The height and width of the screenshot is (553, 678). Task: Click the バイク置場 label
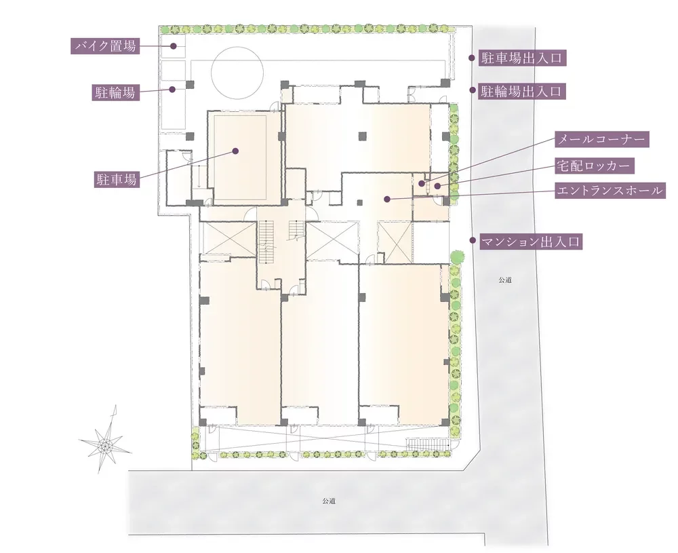click(x=105, y=45)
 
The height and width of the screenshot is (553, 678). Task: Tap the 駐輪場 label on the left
click(x=115, y=92)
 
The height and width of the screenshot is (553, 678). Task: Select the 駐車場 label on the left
click(x=117, y=179)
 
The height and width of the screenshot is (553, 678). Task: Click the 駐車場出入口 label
click(x=522, y=58)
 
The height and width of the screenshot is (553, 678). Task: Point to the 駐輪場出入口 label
click(x=522, y=92)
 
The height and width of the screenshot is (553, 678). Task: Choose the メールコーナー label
click(x=602, y=139)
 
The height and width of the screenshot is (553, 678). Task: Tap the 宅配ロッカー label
click(x=595, y=166)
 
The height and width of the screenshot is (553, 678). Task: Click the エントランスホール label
click(x=610, y=190)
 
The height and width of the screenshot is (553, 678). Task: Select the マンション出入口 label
click(x=531, y=242)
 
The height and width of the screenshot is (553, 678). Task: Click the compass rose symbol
click(x=105, y=444)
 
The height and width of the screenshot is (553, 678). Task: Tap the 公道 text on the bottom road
click(x=329, y=501)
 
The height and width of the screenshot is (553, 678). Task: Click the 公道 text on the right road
click(x=504, y=280)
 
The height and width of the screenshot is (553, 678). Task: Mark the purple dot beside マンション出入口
click(x=473, y=240)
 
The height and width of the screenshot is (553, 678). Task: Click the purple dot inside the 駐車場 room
click(x=236, y=151)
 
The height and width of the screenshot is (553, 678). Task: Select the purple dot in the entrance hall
click(x=387, y=199)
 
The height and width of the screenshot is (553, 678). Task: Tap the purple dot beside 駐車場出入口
click(x=473, y=57)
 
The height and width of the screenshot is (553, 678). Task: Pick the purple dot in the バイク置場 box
click(x=173, y=45)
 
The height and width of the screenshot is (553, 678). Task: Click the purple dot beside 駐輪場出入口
click(x=473, y=90)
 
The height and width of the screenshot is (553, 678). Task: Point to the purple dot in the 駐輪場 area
click(x=172, y=90)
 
